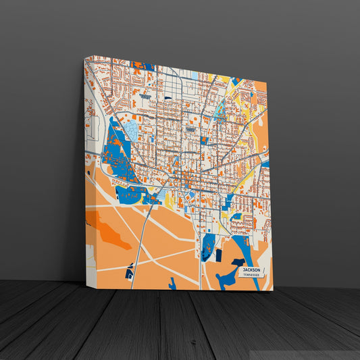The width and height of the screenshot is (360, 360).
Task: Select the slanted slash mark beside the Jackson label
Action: tap(265, 272)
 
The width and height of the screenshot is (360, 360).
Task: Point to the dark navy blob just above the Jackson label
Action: tap(237, 261)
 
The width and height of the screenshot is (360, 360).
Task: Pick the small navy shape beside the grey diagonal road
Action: tap(129, 274)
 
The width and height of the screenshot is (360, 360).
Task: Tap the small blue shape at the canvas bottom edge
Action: tap(172, 284)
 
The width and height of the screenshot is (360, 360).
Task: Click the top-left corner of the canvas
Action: tap(84, 58)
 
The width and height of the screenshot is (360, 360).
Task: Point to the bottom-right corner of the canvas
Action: tap(273, 290)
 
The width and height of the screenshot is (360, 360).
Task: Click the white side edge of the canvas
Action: tap(85, 169)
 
